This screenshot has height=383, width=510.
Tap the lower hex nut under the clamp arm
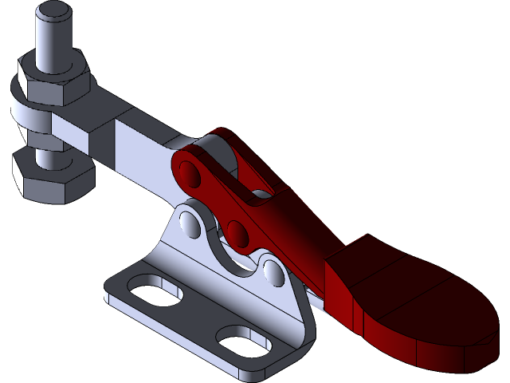(49, 179)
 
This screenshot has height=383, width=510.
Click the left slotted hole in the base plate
(155, 287)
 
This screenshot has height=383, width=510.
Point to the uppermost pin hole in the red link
(190, 171)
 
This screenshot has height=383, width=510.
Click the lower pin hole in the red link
(237, 232)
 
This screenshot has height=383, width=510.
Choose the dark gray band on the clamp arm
(103, 148)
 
